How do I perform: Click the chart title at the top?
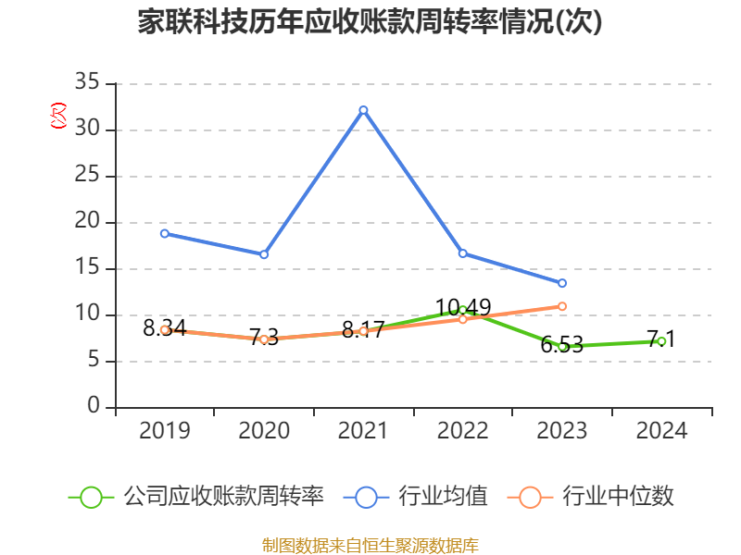pos(370,22)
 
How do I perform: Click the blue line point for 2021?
pos(363,110)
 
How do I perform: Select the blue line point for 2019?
pos(165,233)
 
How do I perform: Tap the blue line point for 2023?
pos(562,283)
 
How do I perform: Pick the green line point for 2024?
pos(661,341)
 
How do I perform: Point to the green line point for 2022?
pos(463,310)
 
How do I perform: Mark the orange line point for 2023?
pos(562,306)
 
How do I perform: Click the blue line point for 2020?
pos(264,254)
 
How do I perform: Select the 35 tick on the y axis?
pos(87,83)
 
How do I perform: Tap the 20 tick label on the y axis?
pos(87,222)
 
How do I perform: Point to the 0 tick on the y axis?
pos(94,407)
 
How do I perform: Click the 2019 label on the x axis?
pos(165,430)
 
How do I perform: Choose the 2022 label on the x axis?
pos(463,430)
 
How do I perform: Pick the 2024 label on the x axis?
pos(661,430)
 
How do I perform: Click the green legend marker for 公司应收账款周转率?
pos(91,497)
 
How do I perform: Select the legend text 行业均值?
pos(444,497)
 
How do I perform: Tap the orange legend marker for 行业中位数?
pos(530,497)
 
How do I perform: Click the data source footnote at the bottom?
pos(370,545)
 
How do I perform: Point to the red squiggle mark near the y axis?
pos(58,116)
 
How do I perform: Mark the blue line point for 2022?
pos(463,253)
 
